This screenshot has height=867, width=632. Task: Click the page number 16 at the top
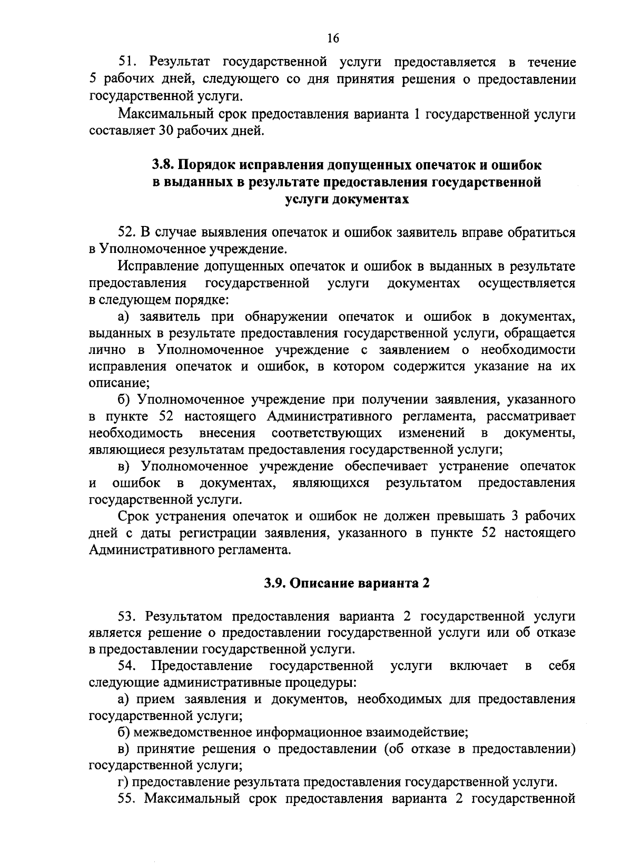(333, 38)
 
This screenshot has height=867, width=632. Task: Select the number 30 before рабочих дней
(166, 130)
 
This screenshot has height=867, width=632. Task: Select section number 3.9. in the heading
(275, 583)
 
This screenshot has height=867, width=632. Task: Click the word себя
(561, 666)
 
